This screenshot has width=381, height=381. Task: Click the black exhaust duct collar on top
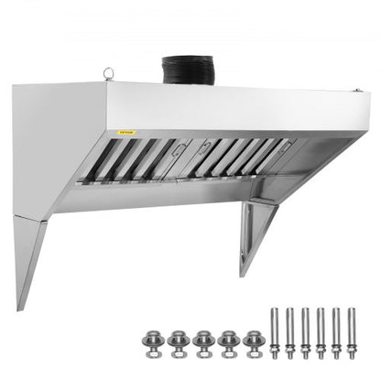click(x=187, y=71)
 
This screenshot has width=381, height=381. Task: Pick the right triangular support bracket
click(x=257, y=234)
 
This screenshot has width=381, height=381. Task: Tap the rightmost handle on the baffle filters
click(x=287, y=144)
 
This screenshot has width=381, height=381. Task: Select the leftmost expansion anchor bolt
click(x=273, y=337)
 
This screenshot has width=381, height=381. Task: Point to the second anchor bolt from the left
click(x=289, y=337)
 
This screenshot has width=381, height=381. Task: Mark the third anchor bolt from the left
click(x=306, y=337)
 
